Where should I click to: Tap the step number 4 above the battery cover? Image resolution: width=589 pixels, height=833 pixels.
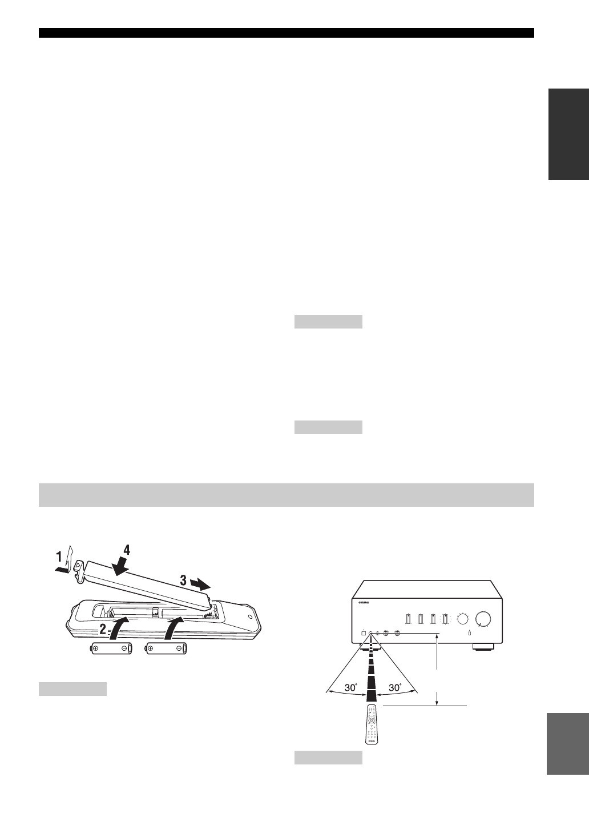[127, 550]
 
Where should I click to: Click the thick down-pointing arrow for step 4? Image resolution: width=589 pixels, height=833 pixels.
[120, 568]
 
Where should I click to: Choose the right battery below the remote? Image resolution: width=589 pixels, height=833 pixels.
[167, 648]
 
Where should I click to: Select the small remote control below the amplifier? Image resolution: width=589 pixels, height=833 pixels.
[371, 724]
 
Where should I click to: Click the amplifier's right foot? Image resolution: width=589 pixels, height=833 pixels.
[483, 648]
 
